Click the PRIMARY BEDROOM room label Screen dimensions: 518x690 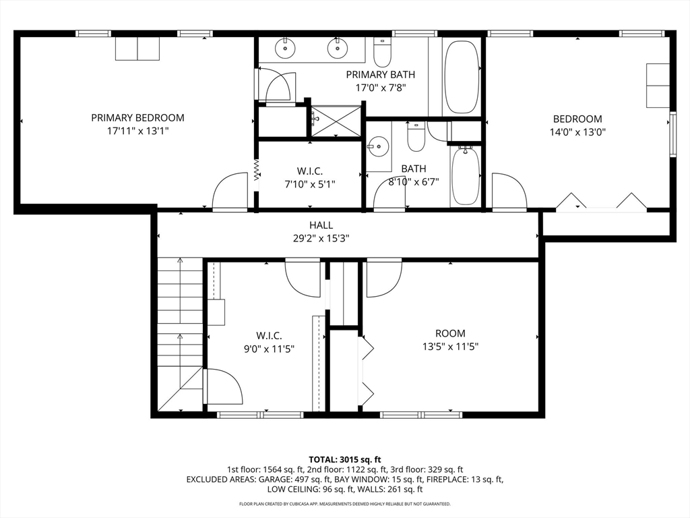tap(137, 117)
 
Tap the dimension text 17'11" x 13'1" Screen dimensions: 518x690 tap(137, 131)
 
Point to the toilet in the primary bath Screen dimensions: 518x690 tap(383, 51)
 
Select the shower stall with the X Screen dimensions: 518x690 tap(335, 121)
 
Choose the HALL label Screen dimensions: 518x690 tap(321, 225)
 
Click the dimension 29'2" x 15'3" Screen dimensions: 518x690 tap(321, 237)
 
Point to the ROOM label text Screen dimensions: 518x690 tap(450, 333)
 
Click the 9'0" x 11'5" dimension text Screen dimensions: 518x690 tap(268, 349)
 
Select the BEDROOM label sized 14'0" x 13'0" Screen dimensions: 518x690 tap(577, 119)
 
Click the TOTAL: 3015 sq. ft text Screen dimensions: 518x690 tap(344, 458)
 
